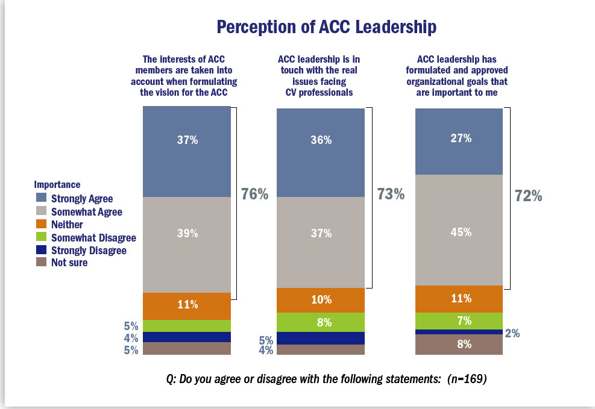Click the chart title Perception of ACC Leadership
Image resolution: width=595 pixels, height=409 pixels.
point(326,27)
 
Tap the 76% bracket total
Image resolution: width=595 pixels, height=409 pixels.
point(255,194)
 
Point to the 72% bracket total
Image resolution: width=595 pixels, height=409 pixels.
point(528,196)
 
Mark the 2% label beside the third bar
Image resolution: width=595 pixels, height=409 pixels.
point(512,333)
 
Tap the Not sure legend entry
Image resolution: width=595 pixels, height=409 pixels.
point(69,263)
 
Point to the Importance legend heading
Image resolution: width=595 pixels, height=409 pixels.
point(57,184)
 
